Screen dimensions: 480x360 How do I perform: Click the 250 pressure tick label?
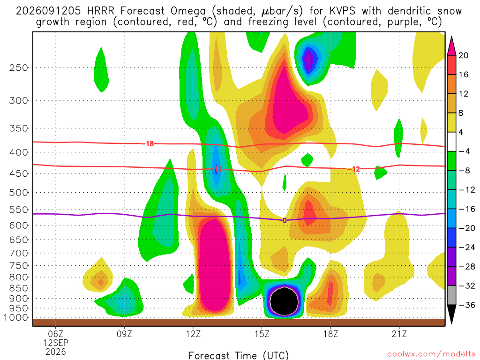coord(19,67)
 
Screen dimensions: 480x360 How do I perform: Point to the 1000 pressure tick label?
coord(16,317)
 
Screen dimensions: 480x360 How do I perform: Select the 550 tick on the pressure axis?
coord(19,210)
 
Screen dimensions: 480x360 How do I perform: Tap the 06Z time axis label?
coord(56,333)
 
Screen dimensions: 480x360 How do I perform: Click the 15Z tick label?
coord(262,333)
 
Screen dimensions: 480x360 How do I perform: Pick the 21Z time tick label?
coord(399,333)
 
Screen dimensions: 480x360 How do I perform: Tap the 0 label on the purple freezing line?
coord(285,220)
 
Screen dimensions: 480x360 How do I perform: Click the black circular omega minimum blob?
coord(285,301)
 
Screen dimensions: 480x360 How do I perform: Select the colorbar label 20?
coord(464,55)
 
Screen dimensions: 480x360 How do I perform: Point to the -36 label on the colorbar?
coord(466,305)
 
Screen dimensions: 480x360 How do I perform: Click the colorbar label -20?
coord(466,228)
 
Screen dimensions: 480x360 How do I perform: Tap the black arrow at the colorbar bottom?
coord(451,314)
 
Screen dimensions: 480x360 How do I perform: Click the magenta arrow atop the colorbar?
coord(451,46)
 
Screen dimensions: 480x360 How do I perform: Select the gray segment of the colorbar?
coord(451,295)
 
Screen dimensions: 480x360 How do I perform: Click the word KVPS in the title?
coord(342,11)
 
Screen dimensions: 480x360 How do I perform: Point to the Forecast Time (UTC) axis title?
coord(239,355)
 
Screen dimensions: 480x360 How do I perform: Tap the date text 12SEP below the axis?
coord(56,343)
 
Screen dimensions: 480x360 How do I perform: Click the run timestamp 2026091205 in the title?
coord(48,11)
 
